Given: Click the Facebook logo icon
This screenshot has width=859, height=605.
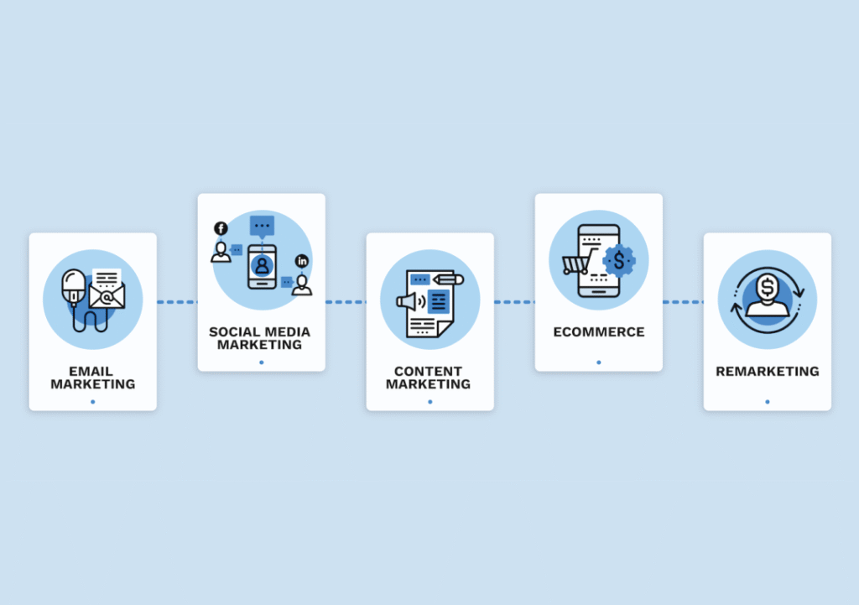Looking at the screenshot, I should click(221, 228).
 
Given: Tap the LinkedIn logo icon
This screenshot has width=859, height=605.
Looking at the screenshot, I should click(302, 261).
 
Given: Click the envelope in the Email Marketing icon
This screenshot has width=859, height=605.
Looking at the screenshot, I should click(107, 295).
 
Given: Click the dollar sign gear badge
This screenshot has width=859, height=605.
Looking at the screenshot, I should click(619, 261).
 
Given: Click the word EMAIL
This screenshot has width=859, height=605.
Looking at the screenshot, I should click(92, 371).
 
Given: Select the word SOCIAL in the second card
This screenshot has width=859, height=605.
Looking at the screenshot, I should click(232, 331).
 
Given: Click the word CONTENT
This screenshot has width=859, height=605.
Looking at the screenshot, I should click(428, 371).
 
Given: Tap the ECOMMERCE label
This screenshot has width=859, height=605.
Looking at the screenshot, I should click(599, 331).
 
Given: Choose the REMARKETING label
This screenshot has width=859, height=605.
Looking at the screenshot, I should click(767, 371).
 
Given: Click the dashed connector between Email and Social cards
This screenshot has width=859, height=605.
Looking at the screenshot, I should click(177, 302).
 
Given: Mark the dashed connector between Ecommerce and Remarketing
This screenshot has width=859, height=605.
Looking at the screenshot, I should click(683, 302).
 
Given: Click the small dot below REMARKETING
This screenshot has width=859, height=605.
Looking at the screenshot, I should click(767, 402).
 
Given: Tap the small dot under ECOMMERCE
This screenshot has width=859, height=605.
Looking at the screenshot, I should click(599, 362).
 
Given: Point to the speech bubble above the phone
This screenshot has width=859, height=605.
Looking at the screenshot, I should click(262, 226).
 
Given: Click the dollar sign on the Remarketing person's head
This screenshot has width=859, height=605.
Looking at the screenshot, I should click(767, 286).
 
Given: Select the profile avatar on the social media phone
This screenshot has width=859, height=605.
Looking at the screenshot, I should click(263, 266).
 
